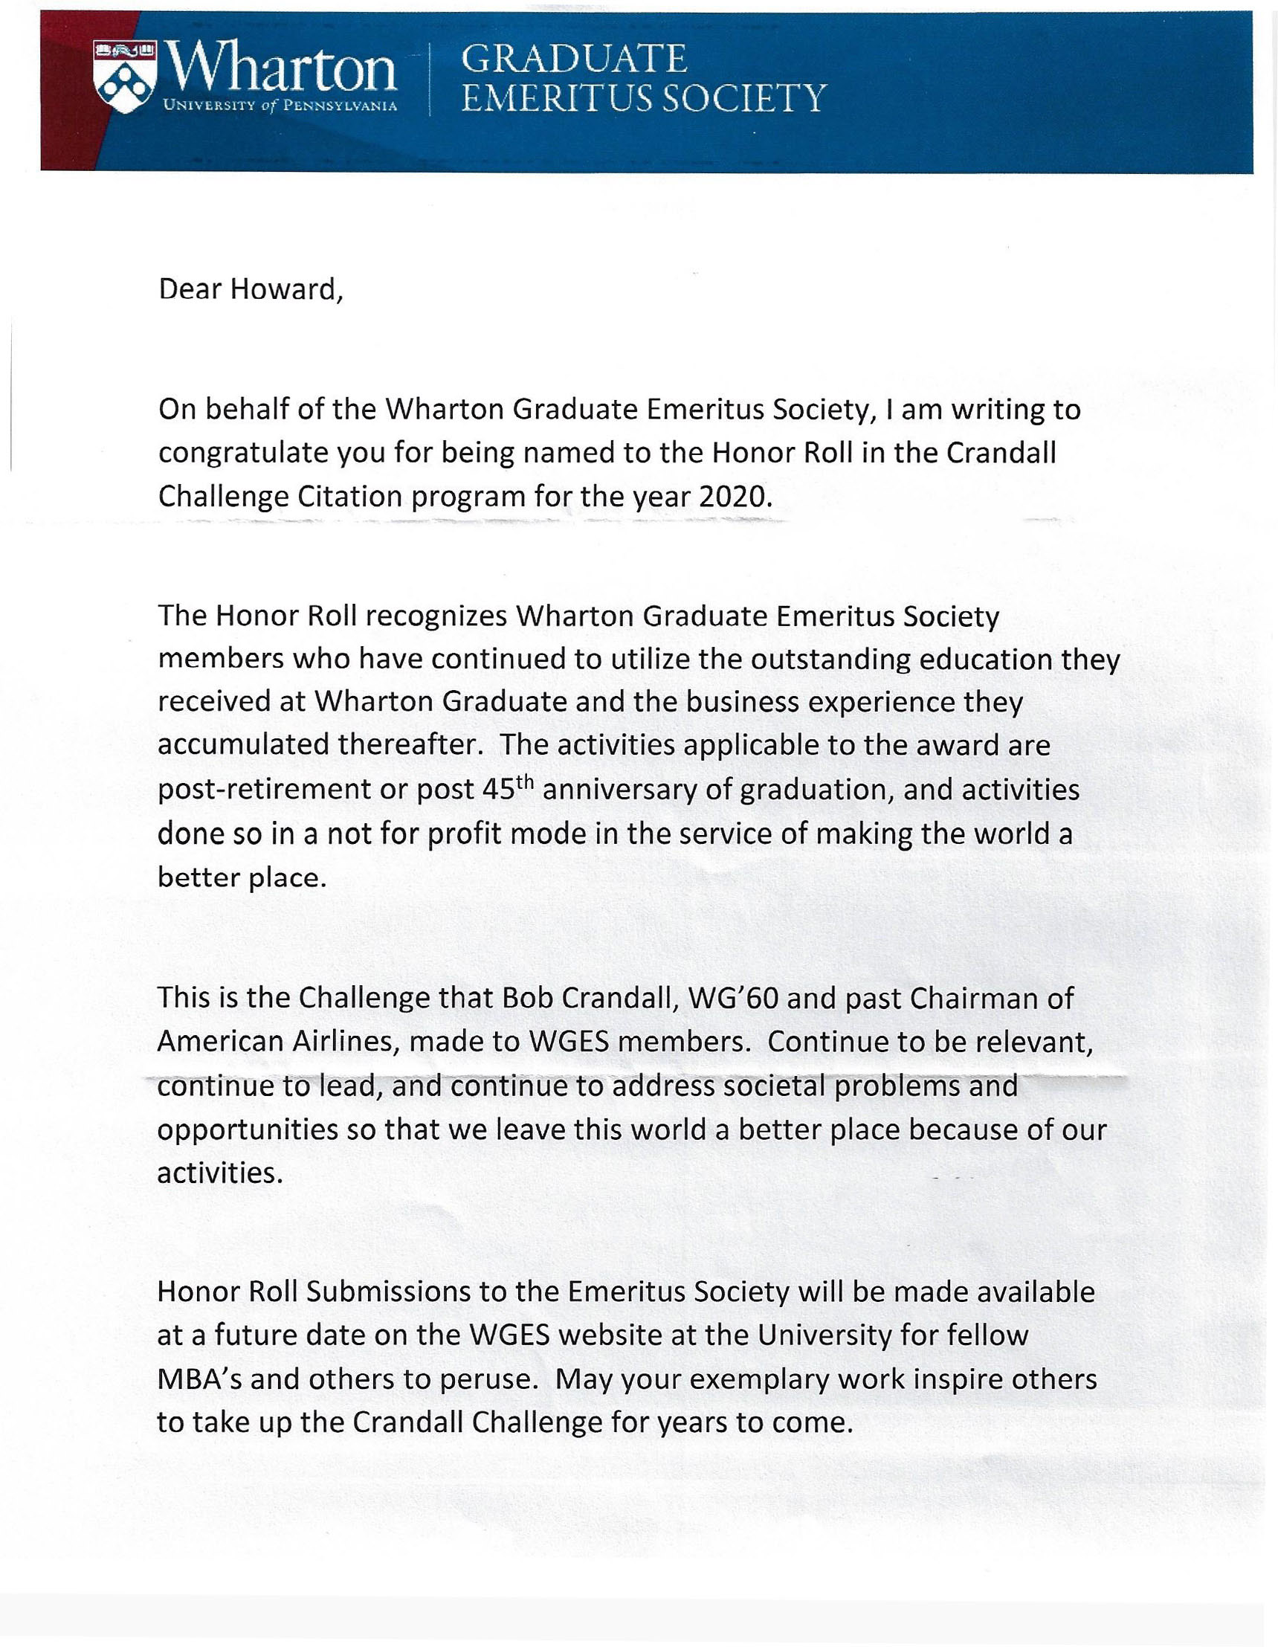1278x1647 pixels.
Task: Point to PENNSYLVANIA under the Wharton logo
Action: point(340,106)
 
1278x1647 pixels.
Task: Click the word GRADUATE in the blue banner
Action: point(573,59)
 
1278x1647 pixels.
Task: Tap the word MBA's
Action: point(199,1379)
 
